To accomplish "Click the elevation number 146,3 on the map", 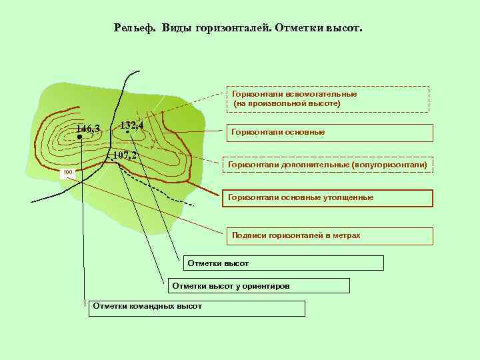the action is (88, 129).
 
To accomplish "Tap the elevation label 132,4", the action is (131, 125).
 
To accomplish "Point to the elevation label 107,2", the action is (125, 156).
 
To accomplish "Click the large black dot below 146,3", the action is (79, 137).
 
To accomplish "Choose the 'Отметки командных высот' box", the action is (197, 307).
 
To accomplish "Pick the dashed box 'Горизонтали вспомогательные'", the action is (327, 99).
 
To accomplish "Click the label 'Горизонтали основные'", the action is (278, 132).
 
